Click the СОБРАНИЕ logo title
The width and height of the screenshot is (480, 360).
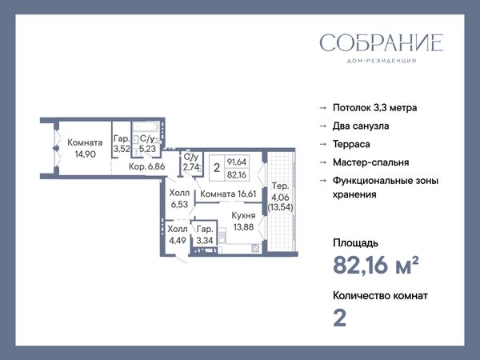click(x=382, y=43)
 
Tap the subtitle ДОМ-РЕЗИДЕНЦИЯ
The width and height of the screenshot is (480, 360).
click(x=382, y=61)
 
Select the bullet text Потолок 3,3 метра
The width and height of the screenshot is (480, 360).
click(x=374, y=108)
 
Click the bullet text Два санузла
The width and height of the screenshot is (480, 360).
click(x=361, y=126)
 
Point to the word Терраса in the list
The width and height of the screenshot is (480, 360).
click(x=351, y=144)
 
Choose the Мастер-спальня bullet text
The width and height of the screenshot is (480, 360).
click(x=370, y=162)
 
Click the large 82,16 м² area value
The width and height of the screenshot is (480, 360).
click(x=376, y=265)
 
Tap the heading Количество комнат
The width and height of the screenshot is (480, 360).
click(x=380, y=296)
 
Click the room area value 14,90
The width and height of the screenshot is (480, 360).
click(x=86, y=154)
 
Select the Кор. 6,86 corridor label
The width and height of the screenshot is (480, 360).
click(x=147, y=166)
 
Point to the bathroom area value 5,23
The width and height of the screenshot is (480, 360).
click(x=147, y=149)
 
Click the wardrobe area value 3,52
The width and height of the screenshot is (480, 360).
click(x=122, y=149)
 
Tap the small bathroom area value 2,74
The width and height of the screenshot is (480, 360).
click(x=191, y=167)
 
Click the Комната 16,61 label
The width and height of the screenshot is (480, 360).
click(x=228, y=194)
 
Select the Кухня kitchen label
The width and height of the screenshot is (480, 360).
click(x=243, y=215)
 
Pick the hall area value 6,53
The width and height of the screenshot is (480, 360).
click(x=179, y=205)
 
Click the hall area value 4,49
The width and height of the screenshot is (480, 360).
click(x=178, y=241)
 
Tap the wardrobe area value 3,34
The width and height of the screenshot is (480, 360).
click(x=205, y=241)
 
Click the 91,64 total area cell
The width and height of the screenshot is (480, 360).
click(x=237, y=162)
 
